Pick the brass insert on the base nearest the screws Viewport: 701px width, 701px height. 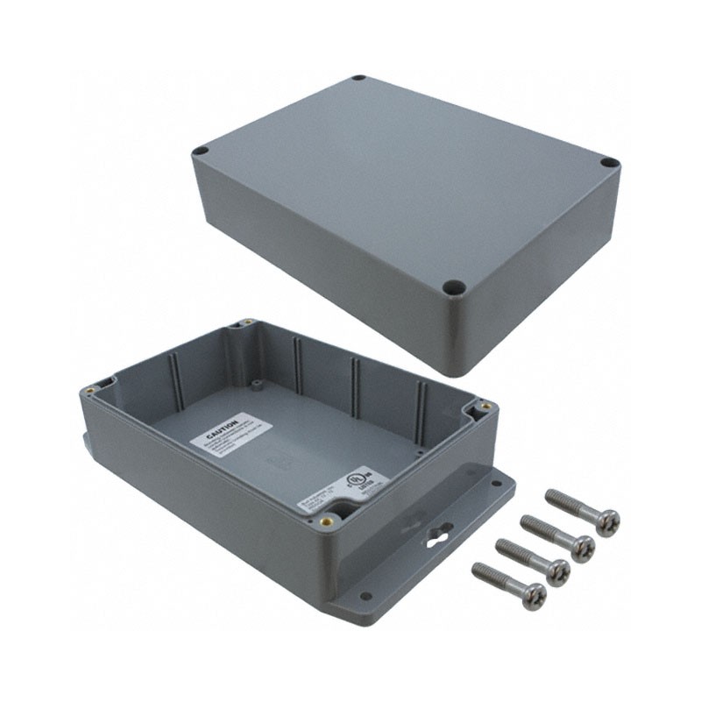tap(483, 406)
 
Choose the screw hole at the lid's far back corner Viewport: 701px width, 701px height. tap(359, 79)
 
